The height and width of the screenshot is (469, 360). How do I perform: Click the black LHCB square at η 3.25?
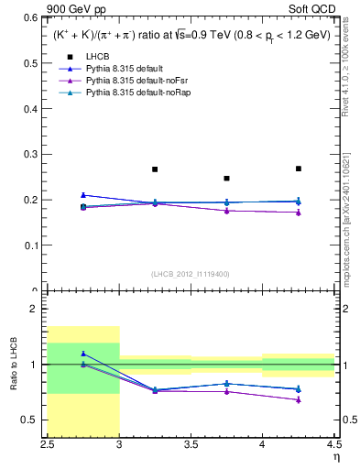pyautogui.click(x=155, y=169)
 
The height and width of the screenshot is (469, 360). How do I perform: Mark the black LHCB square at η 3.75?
pyautogui.click(x=226, y=179)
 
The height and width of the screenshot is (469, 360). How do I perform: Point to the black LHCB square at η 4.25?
pyautogui.click(x=298, y=169)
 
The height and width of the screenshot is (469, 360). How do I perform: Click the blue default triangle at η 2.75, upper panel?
pyautogui.click(x=83, y=194)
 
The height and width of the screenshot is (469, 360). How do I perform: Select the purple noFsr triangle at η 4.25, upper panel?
pyautogui.click(x=298, y=213)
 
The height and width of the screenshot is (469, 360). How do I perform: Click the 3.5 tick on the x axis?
pyautogui.click(x=191, y=446)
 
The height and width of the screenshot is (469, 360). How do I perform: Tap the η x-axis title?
pyautogui.click(x=335, y=458)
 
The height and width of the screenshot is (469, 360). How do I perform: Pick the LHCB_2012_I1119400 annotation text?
pyautogui.click(x=190, y=273)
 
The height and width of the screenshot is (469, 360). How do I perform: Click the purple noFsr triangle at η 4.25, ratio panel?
pyautogui.click(x=298, y=399)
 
